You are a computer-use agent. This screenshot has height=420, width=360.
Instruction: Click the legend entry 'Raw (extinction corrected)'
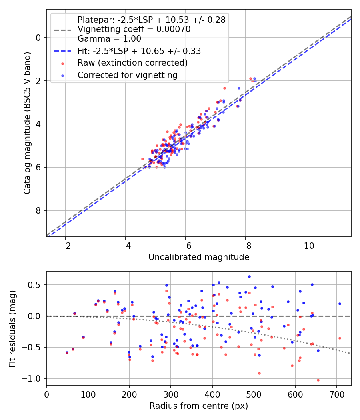click(x=132, y=63)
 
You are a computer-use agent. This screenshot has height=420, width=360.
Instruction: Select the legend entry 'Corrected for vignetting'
click(x=127, y=75)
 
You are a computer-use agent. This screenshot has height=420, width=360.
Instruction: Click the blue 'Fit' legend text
click(x=139, y=51)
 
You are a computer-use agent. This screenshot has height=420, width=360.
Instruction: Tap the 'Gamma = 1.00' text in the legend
click(x=109, y=39)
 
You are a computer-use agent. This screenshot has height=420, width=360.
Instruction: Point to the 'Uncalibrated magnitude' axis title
click(x=199, y=257)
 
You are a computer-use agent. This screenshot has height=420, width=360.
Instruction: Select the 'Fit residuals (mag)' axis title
click(x=12, y=328)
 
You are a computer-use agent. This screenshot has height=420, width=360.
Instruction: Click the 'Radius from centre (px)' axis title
click(x=199, y=406)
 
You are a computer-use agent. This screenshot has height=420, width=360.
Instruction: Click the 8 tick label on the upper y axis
click(x=38, y=210)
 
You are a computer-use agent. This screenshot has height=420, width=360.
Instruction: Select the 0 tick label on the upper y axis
click(x=38, y=38)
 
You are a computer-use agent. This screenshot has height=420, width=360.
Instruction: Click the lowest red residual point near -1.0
click(x=318, y=380)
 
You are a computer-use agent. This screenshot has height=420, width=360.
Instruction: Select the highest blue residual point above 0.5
click(x=249, y=276)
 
